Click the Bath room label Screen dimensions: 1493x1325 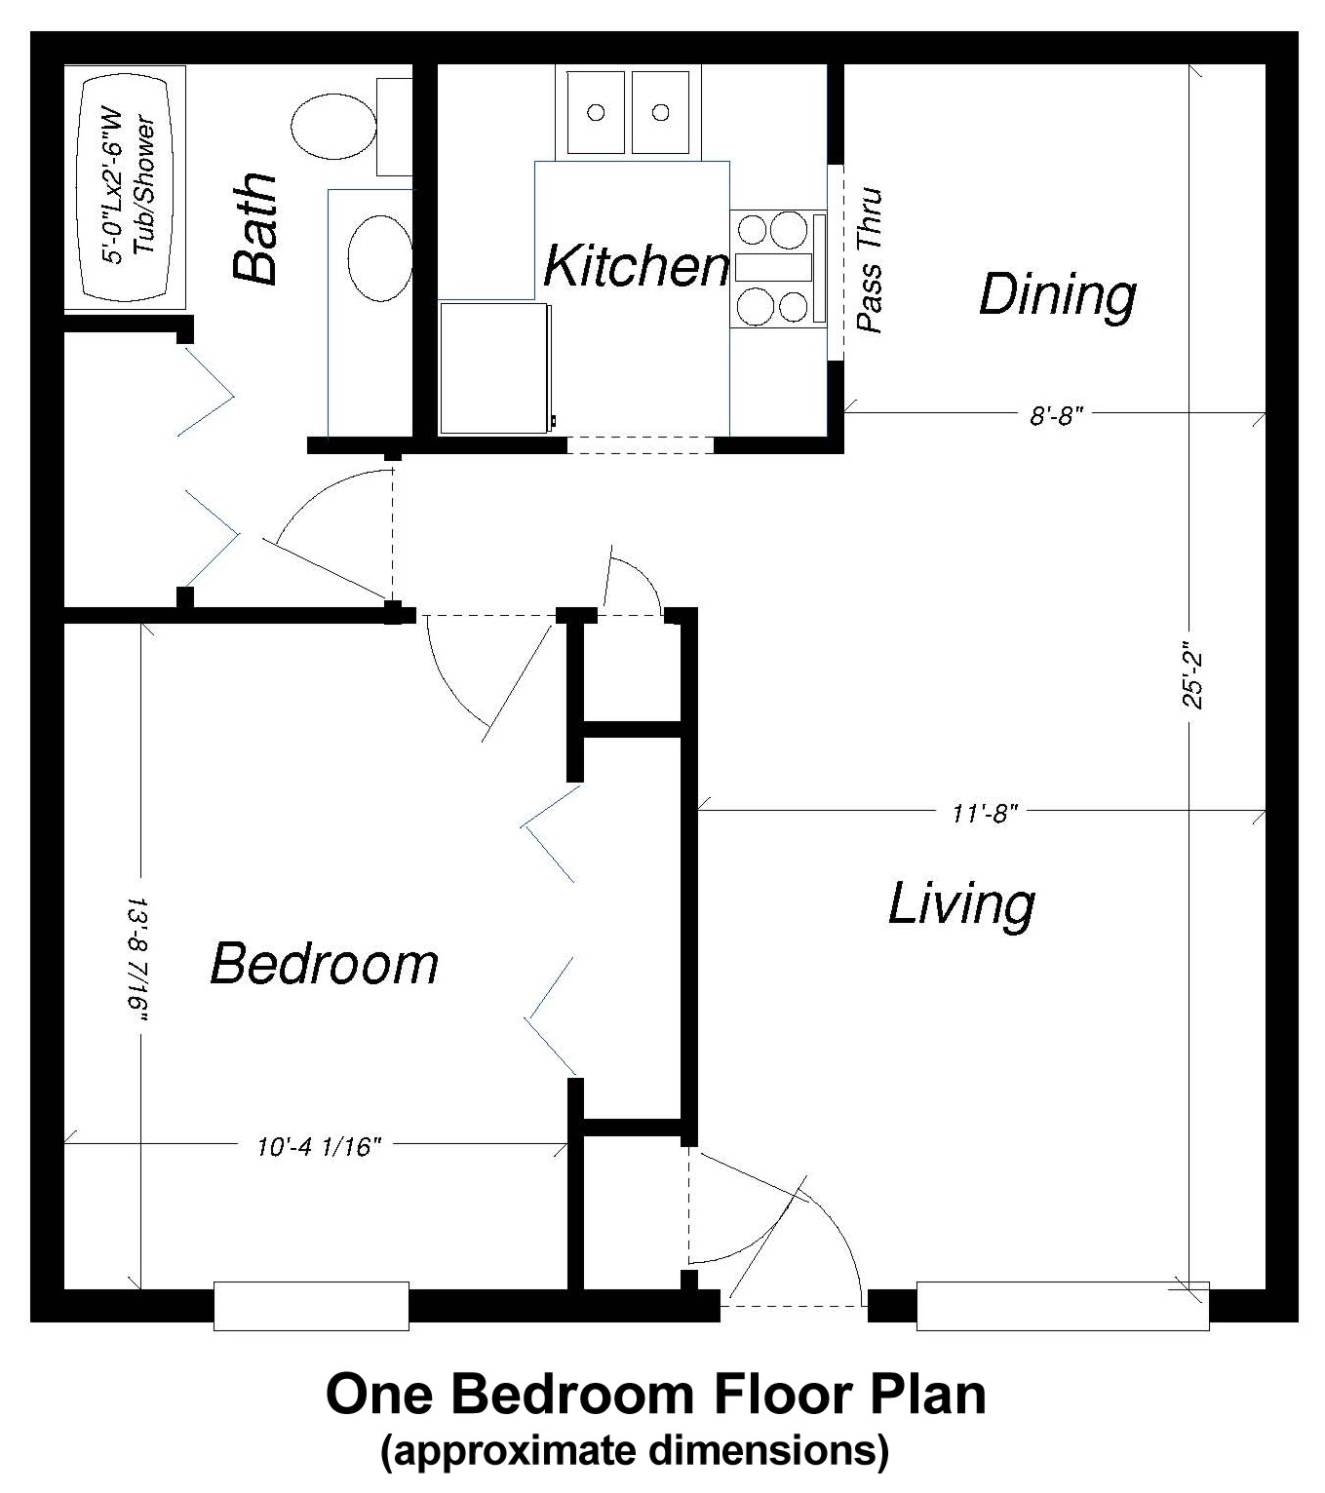(255, 230)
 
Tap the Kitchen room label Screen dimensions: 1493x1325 (635, 266)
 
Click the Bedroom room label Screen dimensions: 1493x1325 (325, 964)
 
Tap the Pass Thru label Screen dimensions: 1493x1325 (868, 261)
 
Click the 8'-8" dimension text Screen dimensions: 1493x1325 (1057, 416)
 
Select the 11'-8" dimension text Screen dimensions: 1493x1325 (985, 812)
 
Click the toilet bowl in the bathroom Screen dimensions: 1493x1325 (333, 127)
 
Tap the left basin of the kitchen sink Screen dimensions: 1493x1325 (596, 112)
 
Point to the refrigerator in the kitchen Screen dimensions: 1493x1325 (494, 367)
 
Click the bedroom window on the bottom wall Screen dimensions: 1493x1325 (311, 1306)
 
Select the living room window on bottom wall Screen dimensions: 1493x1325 (1062, 1306)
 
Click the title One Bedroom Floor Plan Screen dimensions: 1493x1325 (655, 1395)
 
